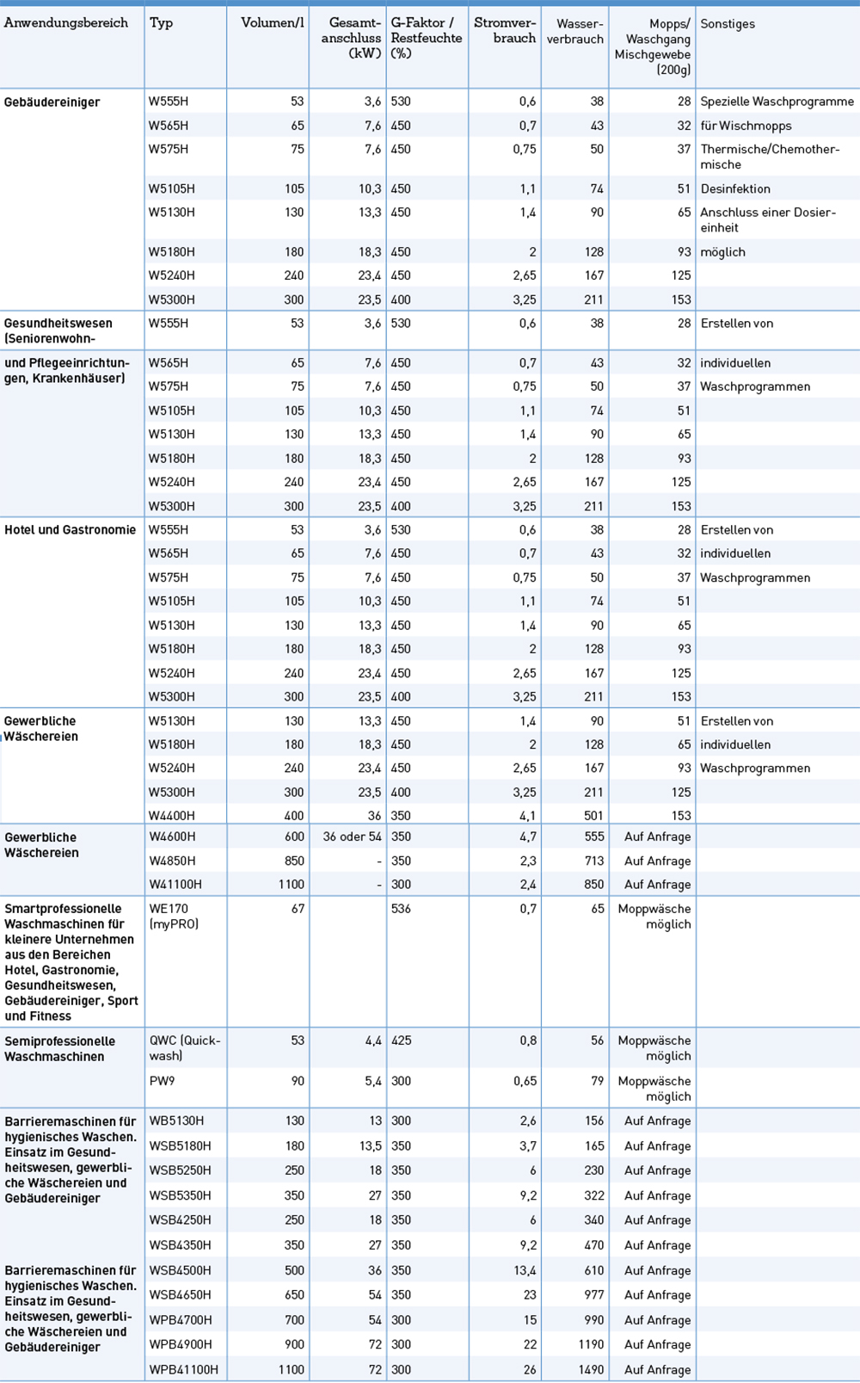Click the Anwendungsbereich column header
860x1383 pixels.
click(66, 23)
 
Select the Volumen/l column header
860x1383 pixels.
click(273, 23)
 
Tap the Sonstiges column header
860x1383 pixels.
click(728, 24)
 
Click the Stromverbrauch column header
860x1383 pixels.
click(505, 31)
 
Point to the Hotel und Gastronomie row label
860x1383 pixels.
click(70, 530)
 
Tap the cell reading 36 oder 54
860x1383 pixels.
click(353, 837)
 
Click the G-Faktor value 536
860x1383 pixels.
click(401, 909)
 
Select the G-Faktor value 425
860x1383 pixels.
click(401, 1040)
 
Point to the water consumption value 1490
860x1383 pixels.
click(591, 1369)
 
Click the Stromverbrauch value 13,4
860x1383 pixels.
click(525, 1270)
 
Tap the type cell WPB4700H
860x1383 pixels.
click(181, 1320)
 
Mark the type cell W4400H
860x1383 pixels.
click(172, 816)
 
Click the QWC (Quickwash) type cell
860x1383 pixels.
click(184, 1047)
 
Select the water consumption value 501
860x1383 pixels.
click(593, 816)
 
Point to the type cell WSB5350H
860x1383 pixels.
click(180, 1195)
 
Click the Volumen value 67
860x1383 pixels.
click(298, 909)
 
